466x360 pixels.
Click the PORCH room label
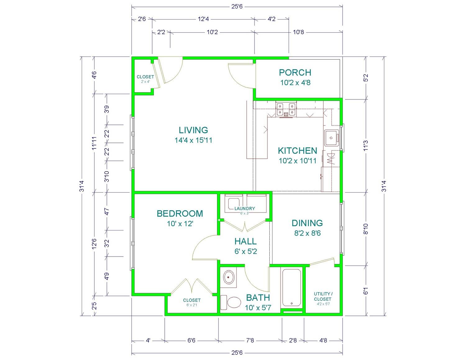(x=295, y=73)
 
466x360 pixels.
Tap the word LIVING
(x=194, y=130)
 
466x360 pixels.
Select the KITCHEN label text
(x=297, y=151)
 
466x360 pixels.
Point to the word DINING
(x=307, y=223)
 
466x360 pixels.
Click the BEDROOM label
(x=180, y=214)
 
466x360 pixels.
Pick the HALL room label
(x=245, y=241)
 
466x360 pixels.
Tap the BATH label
(x=258, y=298)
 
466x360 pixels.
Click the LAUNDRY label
(x=245, y=208)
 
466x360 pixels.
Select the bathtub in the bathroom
(x=291, y=288)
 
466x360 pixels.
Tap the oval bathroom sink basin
(x=229, y=277)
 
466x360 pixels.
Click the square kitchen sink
(x=331, y=138)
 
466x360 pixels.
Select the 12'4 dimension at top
(x=203, y=19)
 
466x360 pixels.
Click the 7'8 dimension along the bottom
(x=250, y=340)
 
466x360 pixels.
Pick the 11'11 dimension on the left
(x=94, y=143)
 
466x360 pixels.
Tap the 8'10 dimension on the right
(x=366, y=229)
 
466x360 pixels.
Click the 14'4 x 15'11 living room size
(x=194, y=140)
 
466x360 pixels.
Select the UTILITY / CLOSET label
(x=323, y=296)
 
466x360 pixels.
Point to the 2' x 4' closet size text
(x=145, y=82)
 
